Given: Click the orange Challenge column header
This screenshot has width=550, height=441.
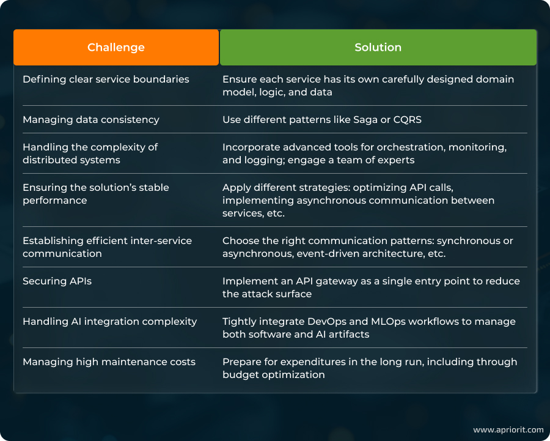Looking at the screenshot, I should pos(116,47).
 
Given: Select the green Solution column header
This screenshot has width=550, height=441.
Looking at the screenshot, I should pos(378,47).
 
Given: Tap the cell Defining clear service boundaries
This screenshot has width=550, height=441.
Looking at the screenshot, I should pos(106,79).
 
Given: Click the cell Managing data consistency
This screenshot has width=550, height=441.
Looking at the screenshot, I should pos(91,119).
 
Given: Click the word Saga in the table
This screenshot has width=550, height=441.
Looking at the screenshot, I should pos(365,119).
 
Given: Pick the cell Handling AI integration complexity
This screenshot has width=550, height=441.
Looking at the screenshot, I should pos(110,321).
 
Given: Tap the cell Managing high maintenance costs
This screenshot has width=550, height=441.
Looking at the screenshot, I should pos(109,361).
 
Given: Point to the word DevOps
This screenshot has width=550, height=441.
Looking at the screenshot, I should pos(326,321).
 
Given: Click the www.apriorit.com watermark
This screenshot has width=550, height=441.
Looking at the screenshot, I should pos(508,429).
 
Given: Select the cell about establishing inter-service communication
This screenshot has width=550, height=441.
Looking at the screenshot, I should pos(108,247).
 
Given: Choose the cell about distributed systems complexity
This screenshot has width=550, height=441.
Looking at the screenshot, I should pos(90,154).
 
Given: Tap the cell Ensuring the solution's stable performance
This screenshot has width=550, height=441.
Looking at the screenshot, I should pos(96,194).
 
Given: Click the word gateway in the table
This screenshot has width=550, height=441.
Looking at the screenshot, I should pos(325,281).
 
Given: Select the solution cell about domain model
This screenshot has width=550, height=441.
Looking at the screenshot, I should pos(368,86).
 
